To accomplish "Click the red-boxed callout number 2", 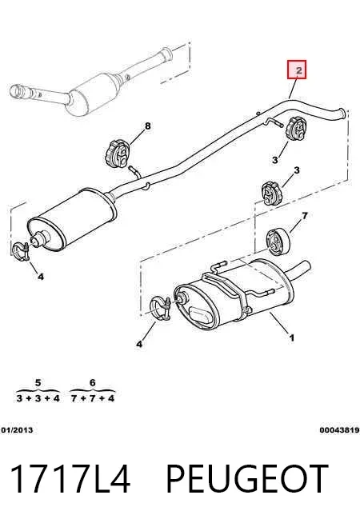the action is point(297,70).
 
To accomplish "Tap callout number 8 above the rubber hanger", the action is point(148,126).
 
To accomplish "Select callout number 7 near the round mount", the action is point(305,216).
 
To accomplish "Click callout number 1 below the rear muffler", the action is point(292,338).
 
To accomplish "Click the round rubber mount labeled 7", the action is point(278,242).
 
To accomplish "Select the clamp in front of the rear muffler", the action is point(160,309).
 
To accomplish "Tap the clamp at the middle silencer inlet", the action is point(21,252).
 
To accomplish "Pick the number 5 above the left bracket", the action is point(38,382).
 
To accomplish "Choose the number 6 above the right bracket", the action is point(93,382).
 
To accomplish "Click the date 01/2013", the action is point(17,430).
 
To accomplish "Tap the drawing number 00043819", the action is point(340,430).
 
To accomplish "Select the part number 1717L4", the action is point(70,478).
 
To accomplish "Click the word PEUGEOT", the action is point(247,478).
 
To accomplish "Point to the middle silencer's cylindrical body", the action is point(72,221).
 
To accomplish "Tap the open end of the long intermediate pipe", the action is point(342,113).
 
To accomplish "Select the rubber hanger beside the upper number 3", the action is point(296,129).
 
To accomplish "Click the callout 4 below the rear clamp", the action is point(139,344).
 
